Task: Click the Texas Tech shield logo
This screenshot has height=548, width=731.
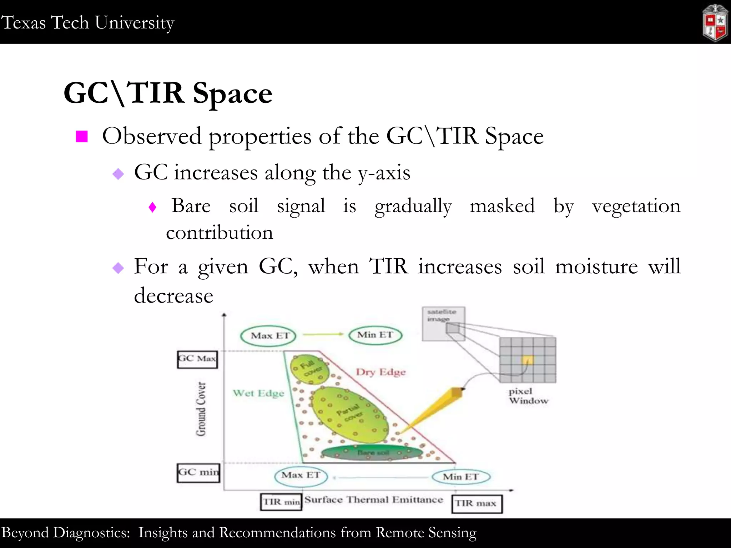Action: (x=714, y=23)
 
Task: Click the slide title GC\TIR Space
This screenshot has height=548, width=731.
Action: (x=168, y=93)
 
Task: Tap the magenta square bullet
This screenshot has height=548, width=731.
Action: (x=82, y=136)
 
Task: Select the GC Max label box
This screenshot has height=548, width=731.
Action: (x=197, y=359)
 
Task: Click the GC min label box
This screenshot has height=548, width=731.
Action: (x=198, y=473)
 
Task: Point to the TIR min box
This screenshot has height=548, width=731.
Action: (x=281, y=502)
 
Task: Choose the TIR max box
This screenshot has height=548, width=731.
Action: (x=477, y=504)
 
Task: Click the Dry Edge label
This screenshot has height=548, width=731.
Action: (x=380, y=372)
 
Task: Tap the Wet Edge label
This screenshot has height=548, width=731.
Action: (x=258, y=393)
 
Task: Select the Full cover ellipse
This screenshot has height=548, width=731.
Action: (x=309, y=369)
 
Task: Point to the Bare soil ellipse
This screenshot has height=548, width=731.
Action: (x=372, y=453)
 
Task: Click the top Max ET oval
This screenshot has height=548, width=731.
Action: (x=268, y=336)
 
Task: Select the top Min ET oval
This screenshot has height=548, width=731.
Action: (x=375, y=335)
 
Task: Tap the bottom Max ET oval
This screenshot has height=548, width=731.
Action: (x=301, y=476)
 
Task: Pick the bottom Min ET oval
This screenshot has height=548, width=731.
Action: (x=461, y=477)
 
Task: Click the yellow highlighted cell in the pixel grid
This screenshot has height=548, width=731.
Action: (x=528, y=360)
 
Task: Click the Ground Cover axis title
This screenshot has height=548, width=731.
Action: (x=201, y=409)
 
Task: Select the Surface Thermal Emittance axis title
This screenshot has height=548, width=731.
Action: (x=374, y=499)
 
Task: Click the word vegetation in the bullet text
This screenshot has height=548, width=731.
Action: (x=636, y=206)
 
